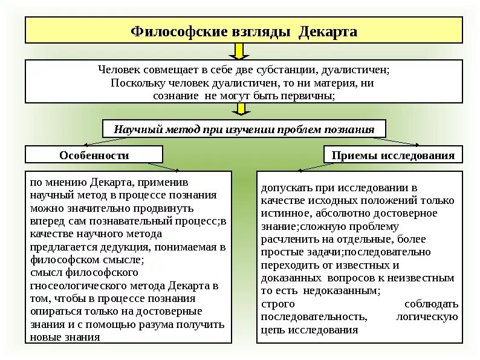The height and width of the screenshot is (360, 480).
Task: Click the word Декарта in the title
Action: point(328,31)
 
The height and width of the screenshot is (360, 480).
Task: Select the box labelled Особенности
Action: point(94,155)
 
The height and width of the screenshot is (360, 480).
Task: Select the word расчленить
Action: point(287,239)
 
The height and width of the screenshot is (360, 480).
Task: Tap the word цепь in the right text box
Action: point(272,330)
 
